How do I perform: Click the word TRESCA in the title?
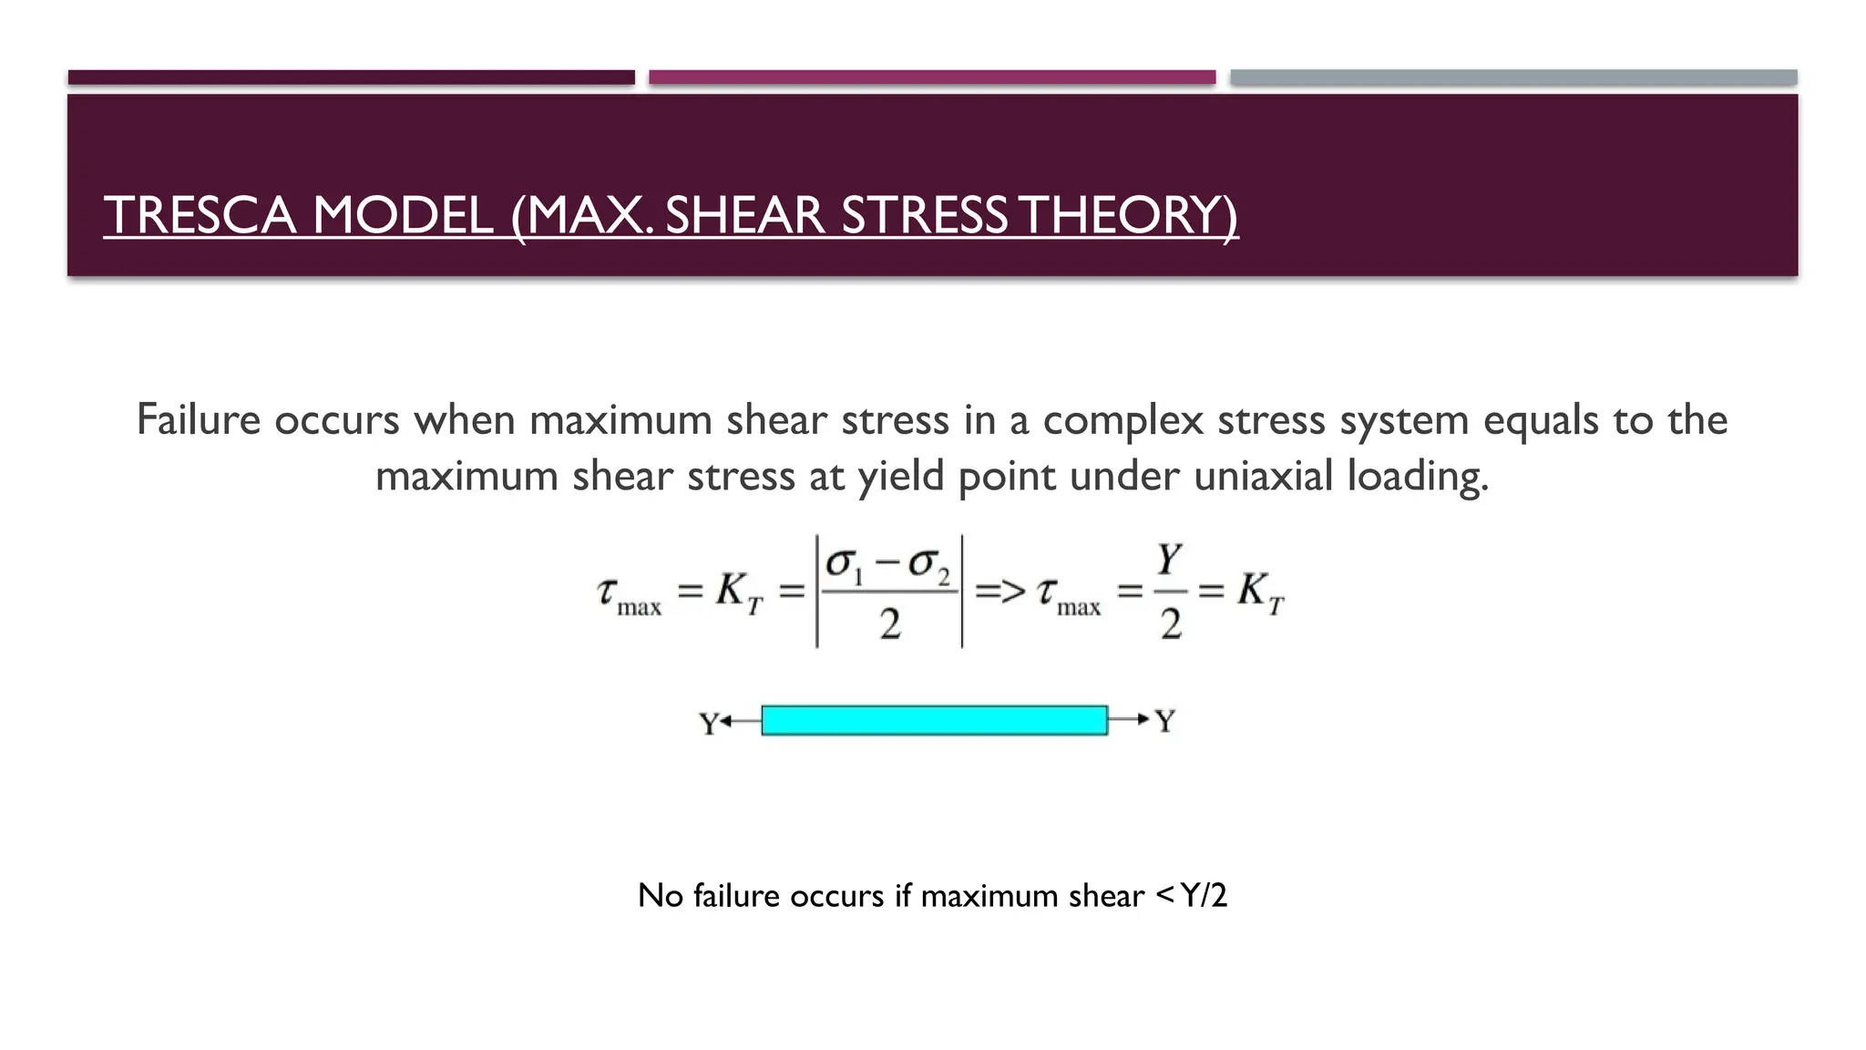pos(200,216)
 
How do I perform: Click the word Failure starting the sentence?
pos(199,420)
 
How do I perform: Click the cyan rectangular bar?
pos(934,720)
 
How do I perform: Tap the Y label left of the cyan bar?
pos(708,724)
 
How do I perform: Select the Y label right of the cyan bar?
pos(1165,721)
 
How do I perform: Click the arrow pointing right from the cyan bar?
pos(1130,720)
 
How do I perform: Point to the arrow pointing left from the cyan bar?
pos(740,722)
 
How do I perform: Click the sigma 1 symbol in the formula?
pos(843,566)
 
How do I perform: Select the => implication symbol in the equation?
pos(1000,592)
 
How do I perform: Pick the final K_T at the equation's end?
pos(1260,592)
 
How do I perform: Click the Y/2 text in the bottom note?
pos(1203,896)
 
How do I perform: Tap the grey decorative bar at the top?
pos(1512,77)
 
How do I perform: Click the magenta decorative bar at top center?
pos(931,77)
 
